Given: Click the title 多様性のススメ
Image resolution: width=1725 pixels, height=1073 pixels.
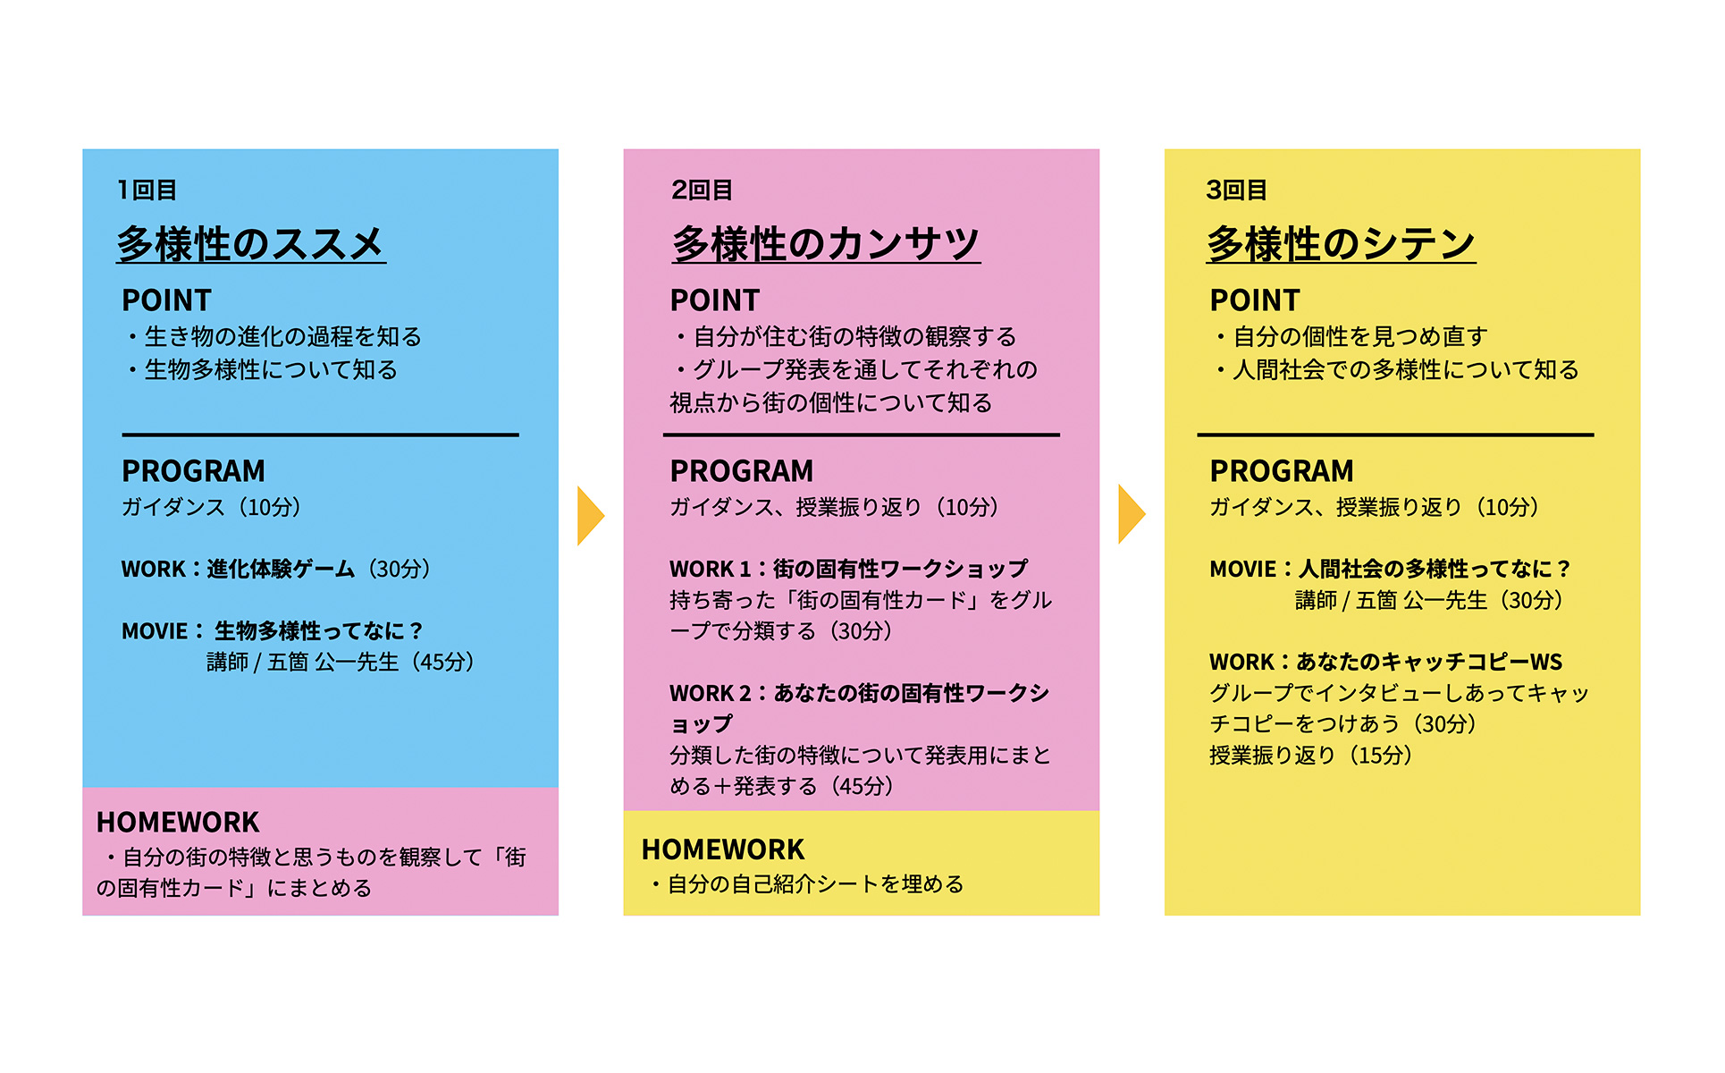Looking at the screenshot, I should [x=250, y=244].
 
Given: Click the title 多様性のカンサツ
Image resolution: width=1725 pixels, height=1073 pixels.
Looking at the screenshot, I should [x=826, y=244].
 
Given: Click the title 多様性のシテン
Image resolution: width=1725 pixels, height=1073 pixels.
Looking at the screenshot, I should [x=1341, y=244].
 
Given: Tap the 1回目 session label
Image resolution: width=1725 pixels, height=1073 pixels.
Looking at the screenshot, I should [x=147, y=190].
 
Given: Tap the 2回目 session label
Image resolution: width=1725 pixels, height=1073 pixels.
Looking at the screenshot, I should [x=702, y=190].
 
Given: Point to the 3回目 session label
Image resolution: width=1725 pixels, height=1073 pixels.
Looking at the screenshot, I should [x=1236, y=190].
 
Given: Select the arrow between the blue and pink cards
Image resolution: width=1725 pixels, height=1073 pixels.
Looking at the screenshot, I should [x=590, y=516].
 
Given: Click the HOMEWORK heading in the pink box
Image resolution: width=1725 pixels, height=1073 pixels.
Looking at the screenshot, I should [x=177, y=822].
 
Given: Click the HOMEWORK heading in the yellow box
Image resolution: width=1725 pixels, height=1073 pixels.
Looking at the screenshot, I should [x=722, y=849].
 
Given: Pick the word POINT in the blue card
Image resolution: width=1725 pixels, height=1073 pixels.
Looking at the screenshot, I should [x=166, y=300].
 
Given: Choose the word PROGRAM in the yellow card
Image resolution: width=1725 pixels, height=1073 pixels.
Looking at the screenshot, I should [x=1281, y=471].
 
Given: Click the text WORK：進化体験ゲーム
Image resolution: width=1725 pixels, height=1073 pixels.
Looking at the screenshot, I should [x=238, y=569].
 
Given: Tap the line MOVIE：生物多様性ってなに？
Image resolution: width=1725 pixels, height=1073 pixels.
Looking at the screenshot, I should [x=272, y=631].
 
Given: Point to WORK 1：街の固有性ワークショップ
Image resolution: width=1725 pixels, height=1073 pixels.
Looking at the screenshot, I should [x=848, y=569].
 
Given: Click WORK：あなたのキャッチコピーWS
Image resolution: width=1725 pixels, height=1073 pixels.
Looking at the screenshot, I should [x=1385, y=662].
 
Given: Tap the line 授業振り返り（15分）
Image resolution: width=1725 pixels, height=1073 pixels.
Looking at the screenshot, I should [x=1310, y=756].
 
